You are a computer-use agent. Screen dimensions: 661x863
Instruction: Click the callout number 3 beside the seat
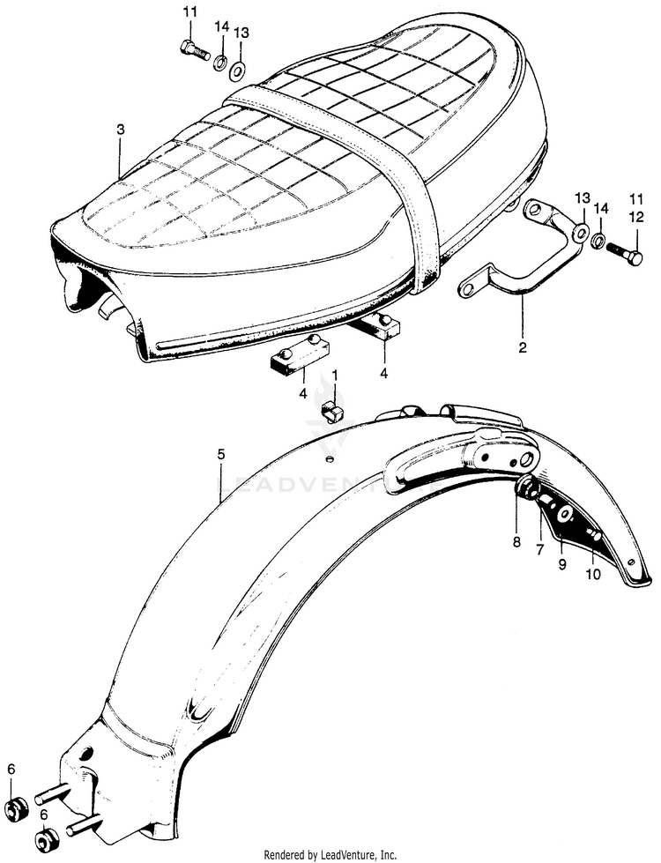click(x=120, y=130)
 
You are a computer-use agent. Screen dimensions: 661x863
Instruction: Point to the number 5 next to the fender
click(x=221, y=454)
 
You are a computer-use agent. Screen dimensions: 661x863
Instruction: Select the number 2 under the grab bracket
click(x=523, y=348)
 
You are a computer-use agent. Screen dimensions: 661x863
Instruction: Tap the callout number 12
click(x=635, y=216)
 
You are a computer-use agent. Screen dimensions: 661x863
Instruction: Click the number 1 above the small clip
click(x=334, y=375)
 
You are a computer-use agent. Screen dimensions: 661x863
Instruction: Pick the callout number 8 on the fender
click(x=517, y=543)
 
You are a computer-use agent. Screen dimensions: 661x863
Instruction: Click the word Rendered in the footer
click(x=289, y=855)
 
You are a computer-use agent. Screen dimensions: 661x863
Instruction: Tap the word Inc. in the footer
click(x=385, y=855)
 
